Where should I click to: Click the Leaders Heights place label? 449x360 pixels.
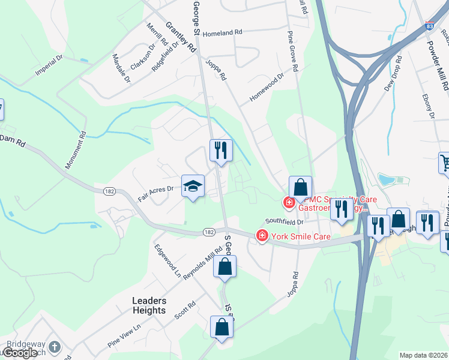tap(149, 305)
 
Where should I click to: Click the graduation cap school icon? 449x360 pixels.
tap(193, 187)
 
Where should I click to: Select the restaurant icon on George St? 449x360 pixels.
tap(221, 150)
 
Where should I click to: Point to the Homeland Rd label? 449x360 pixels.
tap(221, 34)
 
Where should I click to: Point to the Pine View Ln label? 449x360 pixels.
tap(124, 335)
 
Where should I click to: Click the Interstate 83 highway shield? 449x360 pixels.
tap(429, 26)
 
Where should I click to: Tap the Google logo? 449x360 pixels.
tap(19, 353)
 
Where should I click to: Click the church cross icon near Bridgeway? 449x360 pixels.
tap(55, 347)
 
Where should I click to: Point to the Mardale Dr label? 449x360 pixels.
tap(121, 68)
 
